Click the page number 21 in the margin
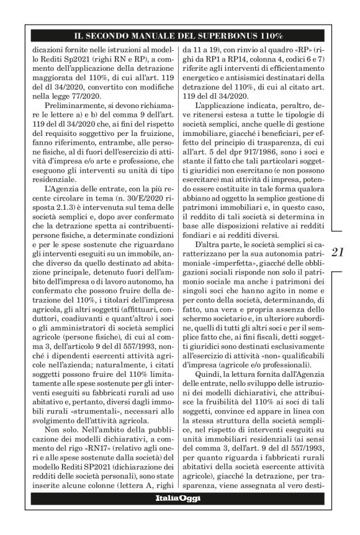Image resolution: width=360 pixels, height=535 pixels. point(340,251)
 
